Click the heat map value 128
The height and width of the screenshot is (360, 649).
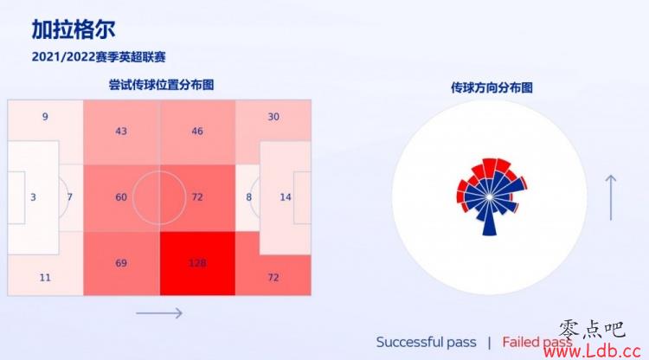click(x=197, y=263)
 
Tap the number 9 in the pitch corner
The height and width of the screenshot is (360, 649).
click(x=45, y=117)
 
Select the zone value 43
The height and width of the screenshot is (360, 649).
click(x=121, y=132)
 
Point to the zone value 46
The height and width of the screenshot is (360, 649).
click(x=197, y=132)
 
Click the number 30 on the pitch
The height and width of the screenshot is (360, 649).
click(x=273, y=117)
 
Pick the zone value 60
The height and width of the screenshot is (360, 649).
click(x=121, y=197)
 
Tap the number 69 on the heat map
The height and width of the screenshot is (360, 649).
click(x=121, y=263)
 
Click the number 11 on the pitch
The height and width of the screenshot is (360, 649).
click(x=45, y=277)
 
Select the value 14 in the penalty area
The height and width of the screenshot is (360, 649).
click(x=286, y=197)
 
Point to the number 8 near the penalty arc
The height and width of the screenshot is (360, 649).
click(x=248, y=197)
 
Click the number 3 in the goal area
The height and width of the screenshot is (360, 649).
click(x=33, y=197)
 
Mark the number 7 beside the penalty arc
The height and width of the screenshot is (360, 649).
click(x=69, y=197)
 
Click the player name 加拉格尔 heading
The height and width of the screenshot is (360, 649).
click(x=74, y=29)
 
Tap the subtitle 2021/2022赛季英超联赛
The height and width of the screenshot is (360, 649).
click(x=99, y=57)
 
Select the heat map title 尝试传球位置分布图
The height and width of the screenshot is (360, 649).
click(x=162, y=85)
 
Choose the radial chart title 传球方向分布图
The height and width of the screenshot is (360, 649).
click(x=492, y=87)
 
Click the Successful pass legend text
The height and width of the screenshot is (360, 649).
click(x=427, y=342)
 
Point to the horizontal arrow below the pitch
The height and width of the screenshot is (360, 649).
click(x=159, y=313)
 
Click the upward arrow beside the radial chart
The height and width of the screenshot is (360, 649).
click(x=611, y=197)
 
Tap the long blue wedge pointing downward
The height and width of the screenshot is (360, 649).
click(x=489, y=219)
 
